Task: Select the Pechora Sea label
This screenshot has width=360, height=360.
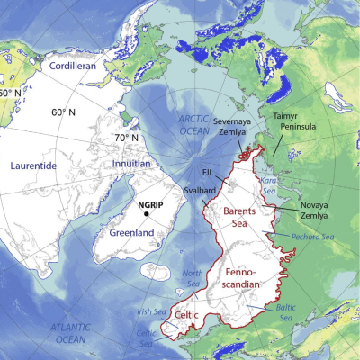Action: [x=315, y=236]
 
